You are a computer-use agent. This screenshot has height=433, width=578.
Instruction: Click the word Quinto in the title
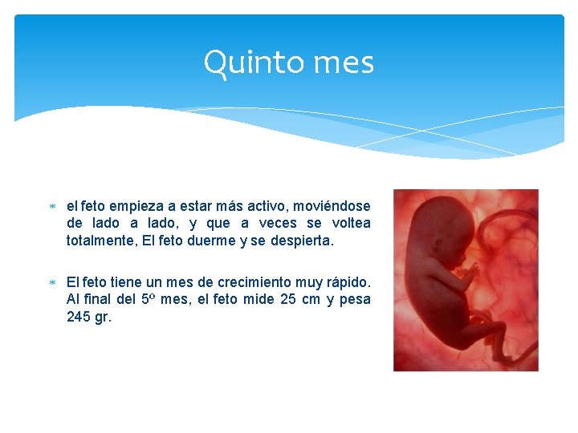(x=241, y=63)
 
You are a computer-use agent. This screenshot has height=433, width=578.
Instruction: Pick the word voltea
(x=351, y=224)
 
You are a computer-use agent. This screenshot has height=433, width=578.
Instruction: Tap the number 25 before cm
(x=291, y=299)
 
